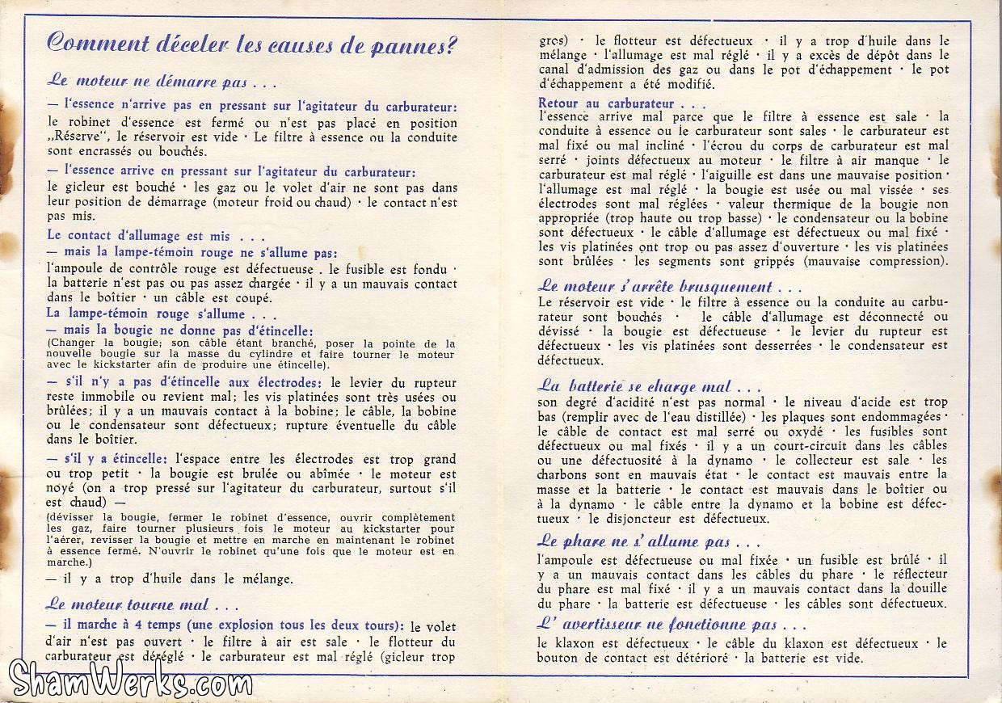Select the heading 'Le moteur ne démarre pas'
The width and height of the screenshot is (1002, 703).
click(x=162, y=81)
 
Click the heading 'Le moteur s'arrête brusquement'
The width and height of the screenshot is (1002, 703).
click(x=670, y=287)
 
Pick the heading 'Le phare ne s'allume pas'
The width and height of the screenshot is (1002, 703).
click(x=649, y=541)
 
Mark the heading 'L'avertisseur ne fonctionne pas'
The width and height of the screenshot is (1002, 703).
click(x=672, y=625)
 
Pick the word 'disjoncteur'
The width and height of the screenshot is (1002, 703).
click(x=638, y=519)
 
